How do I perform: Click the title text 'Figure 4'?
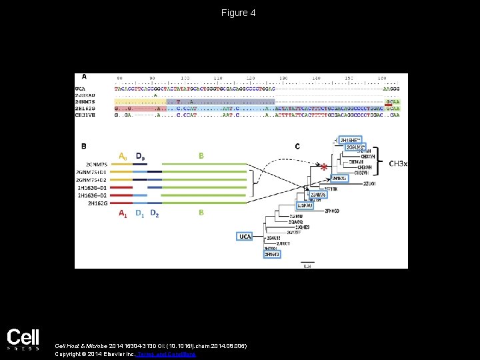pyautogui.click(x=239, y=13)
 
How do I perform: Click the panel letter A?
pyautogui.click(x=84, y=76)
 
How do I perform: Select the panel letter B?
pyautogui.click(x=84, y=145)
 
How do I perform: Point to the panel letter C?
pyautogui.click(x=297, y=145)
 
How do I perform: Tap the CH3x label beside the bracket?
pyautogui.click(x=398, y=163)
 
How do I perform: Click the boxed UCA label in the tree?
pyautogui.click(x=245, y=236)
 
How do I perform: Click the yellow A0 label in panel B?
pyautogui.click(x=123, y=156)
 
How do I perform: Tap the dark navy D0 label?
pyautogui.click(x=140, y=156)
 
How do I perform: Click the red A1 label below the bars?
pyautogui.click(x=123, y=213)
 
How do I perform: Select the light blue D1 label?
pyautogui.click(x=139, y=213)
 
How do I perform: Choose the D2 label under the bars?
pyautogui.click(x=155, y=213)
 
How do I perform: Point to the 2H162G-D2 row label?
pyautogui.click(x=94, y=195)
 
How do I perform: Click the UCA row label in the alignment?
pyautogui.click(x=81, y=88)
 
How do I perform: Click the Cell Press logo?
pyautogui.click(x=23, y=339)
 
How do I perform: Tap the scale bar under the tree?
pyautogui.click(x=307, y=261)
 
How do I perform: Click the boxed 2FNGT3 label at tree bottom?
pyautogui.click(x=272, y=254)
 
